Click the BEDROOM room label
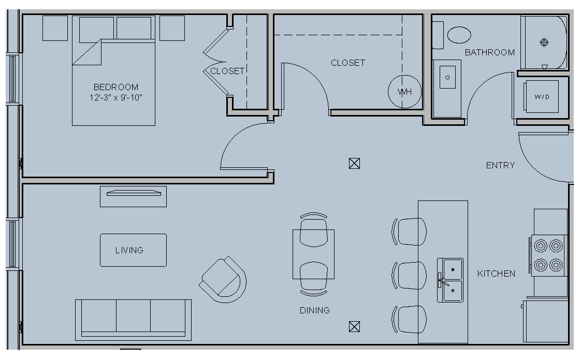coord(116,87)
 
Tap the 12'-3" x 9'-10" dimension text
coord(116,97)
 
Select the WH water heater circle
coord(404,92)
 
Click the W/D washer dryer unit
coord(541,97)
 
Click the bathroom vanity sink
coord(447,77)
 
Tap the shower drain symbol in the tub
coord(544,42)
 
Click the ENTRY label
coord(500,165)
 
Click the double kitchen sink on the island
coord(450,280)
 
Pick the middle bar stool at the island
coord(409,276)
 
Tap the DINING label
coord(315,310)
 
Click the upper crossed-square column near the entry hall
coord(354,164)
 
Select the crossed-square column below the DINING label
coord(354,327)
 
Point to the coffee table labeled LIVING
coord(134,250)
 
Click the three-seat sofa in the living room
coord(134,320)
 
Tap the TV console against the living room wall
coord(134,196)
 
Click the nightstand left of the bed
coord(55,28)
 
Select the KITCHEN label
coord(496,273)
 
